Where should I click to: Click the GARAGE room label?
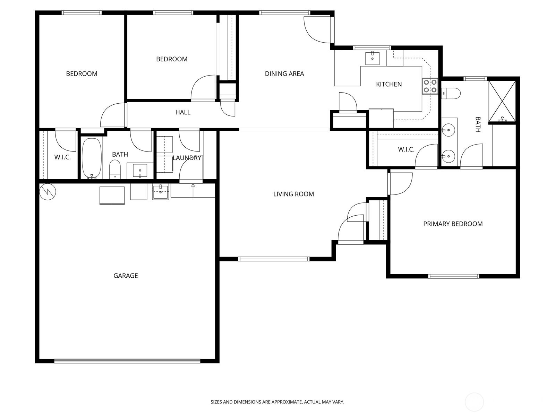[x=126, y=276]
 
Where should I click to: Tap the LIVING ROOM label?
[x=293, y=194]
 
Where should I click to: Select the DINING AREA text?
[x=284, y=74]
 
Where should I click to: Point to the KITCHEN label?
[x=389, y=84]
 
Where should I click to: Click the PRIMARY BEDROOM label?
[x=453, y=224]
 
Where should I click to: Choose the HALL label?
[x=183, y=112]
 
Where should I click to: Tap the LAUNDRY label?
[x=187, y=158]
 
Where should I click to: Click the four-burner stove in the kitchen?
[x=430, y=86]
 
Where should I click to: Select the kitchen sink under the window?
[x=373, y=58]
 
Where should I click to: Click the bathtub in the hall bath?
[x=92, y=158]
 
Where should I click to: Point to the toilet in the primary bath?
[x=451, y=93]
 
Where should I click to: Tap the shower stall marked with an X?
[x=502, y=101]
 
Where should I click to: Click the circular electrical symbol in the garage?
[x=48, y=192]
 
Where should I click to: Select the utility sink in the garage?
[x=161, y=192]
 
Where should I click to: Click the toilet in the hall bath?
[x=115, y=169]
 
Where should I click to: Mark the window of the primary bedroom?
[x=454, y=276]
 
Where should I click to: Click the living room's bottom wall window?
[x=274, y=259]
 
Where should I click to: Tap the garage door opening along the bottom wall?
[x=127, y=361]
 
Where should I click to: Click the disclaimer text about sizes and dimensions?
[x=277, y=402]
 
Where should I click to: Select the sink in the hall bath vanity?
[x=140, y=171]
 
